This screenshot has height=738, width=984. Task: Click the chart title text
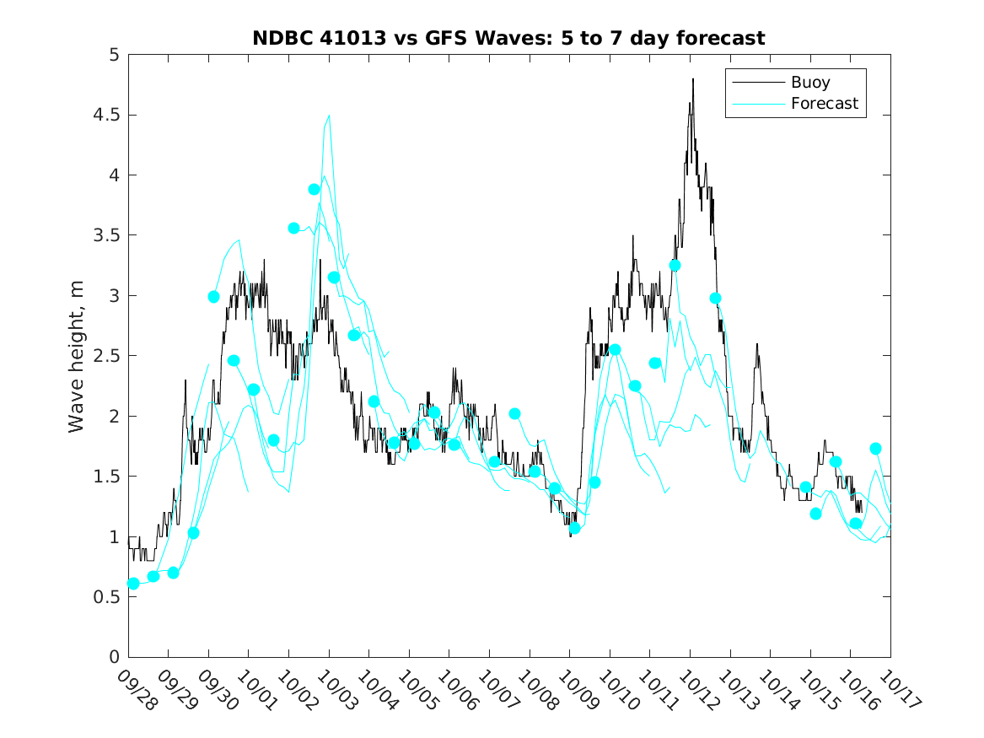(508, 39)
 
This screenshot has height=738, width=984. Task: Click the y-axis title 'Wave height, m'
(77, 356)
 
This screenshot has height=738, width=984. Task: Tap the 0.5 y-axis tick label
(107, 596)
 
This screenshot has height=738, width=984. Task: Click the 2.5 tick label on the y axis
(107, 356)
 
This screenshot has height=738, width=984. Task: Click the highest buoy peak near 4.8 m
(693, 79)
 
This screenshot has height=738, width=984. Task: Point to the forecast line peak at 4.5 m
(329, 116)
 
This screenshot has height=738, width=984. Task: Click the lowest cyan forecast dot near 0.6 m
(133, 584)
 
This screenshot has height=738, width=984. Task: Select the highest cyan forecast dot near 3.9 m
(315, 190)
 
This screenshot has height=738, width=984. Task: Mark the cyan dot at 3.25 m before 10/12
(675, 266)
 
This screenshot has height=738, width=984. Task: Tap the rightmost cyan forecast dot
(876, 449)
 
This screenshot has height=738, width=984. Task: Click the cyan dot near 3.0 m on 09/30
(214, 297)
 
